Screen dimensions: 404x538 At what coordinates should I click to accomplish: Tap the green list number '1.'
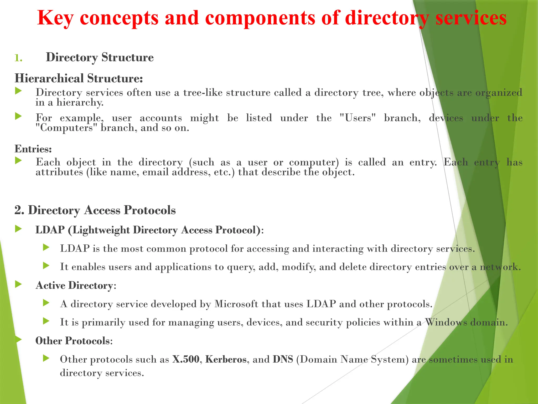click(18, 58)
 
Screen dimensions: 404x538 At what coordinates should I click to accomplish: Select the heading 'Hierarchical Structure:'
click(79, 78)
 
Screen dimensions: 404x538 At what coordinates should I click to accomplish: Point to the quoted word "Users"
click(358, 118)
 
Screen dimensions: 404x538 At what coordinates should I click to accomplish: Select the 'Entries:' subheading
click(33, 149)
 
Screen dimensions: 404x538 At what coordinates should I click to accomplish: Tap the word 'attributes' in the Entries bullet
click(59, 172)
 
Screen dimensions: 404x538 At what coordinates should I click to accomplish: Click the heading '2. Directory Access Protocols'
click(95, 210)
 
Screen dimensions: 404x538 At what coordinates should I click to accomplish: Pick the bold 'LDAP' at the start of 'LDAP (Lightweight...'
click(50, 230)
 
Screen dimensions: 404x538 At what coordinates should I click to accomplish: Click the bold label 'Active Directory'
click(74, 285)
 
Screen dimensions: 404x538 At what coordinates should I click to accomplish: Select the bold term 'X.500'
click(186, 359)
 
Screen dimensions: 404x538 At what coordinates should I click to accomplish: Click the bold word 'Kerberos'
click(226, 359)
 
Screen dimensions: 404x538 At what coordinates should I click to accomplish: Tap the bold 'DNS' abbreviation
click(283, 359)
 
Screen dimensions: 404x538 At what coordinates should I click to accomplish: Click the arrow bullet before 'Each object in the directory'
click(18, 160)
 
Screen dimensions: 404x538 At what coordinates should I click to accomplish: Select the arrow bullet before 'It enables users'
click(46, 266)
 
